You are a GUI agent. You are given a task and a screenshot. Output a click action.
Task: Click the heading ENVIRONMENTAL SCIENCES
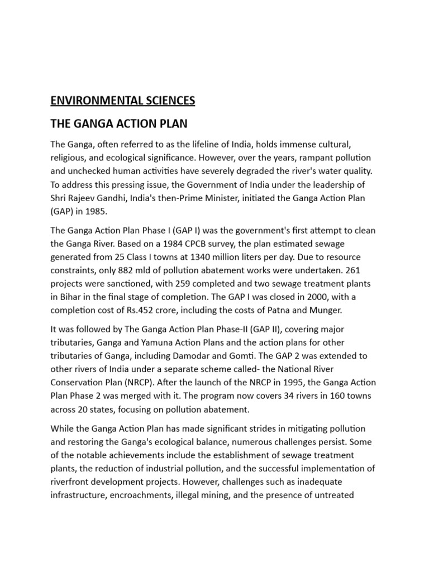[123, 101]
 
